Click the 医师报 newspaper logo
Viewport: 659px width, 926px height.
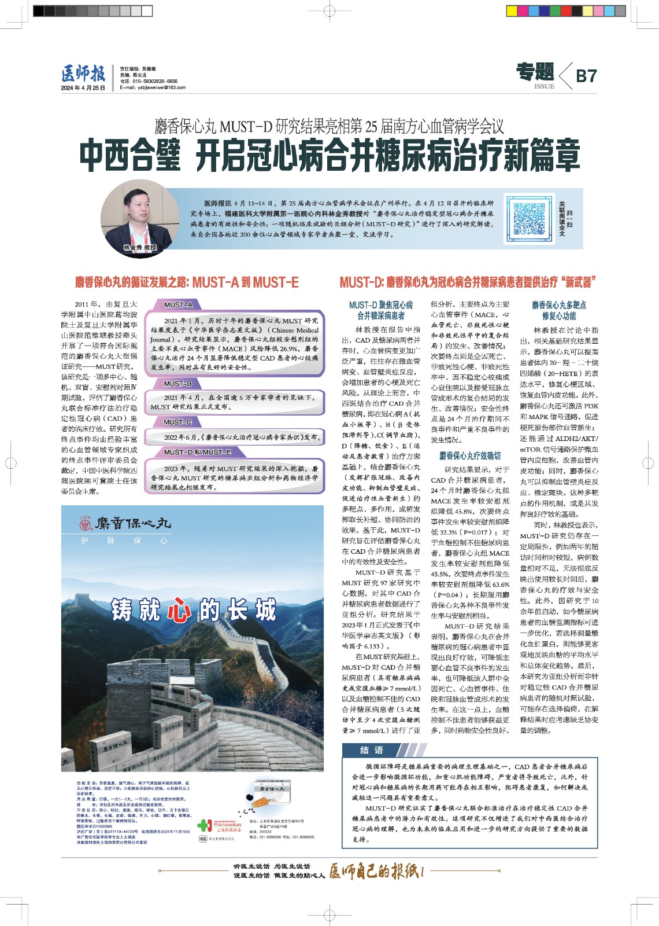point(83,74)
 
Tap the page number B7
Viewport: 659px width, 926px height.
point(586,76)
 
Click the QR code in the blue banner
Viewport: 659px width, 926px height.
point(530,218)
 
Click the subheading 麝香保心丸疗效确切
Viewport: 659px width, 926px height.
point(469,455)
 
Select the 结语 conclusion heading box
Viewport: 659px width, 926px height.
point(372,750)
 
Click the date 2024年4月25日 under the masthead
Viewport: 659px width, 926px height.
point(83,88)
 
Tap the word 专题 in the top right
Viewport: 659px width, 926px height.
point(535,72)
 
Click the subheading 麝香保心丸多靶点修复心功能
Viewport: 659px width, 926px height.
point(559,310)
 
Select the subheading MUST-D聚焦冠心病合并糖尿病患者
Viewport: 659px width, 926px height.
point(381,310)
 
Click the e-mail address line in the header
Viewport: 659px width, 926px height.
point(153,87)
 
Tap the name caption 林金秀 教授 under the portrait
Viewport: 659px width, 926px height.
point(140,248)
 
